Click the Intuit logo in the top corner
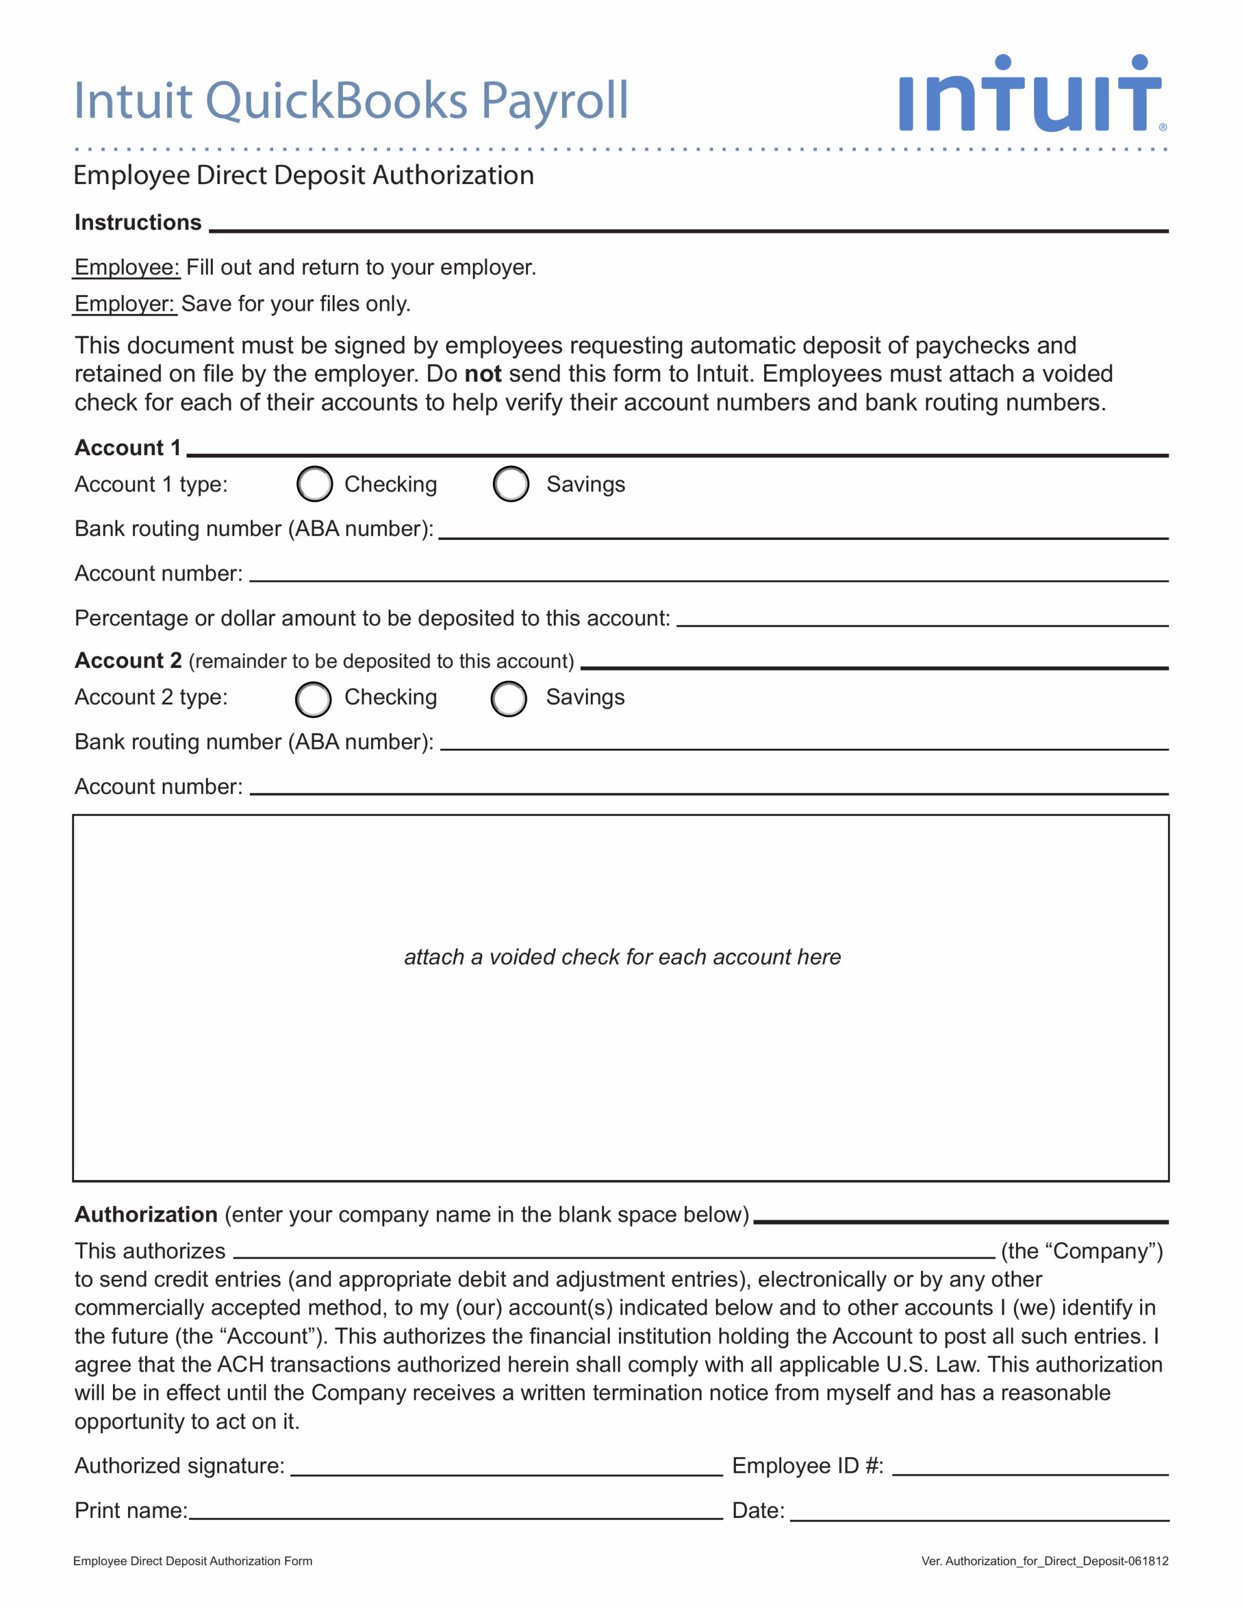coord(1030,95)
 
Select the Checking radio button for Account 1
coord(315,484)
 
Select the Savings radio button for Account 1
coord(511,484)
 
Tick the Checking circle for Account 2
coord(313,699)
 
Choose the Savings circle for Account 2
coord(509,699)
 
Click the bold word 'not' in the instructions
coord(483,374)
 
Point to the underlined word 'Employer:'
coord(124,304)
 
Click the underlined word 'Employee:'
coord(127,267)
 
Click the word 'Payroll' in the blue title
coord(554,101)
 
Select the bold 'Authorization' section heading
coord(146,1214)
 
